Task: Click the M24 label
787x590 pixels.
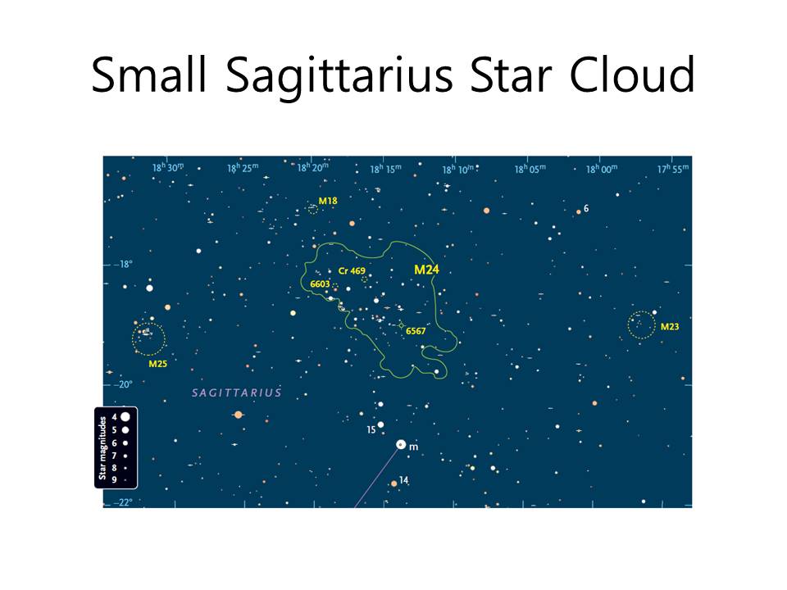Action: [426, 270]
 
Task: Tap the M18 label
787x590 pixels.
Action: [328, 201]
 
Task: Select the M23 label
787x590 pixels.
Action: [670, 327]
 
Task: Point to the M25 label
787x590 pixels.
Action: [157, 364]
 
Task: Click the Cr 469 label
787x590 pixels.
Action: [352, 271]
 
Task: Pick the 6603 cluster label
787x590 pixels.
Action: [320, 284]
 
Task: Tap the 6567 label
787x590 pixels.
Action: [416, 331]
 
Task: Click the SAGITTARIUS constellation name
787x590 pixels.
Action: [237, 393]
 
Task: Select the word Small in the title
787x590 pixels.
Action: [149, 75]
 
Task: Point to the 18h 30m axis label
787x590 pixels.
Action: [168, 167]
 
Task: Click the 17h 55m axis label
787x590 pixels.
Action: [673, 169]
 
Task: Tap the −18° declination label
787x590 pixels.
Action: [123, 264]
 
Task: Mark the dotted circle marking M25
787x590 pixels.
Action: [148, 323]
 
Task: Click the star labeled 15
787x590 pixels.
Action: [380, 425]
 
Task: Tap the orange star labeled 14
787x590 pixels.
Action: [394, 483]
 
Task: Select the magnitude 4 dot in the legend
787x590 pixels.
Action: [125, 416]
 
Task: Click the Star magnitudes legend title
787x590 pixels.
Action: [102, 447]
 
